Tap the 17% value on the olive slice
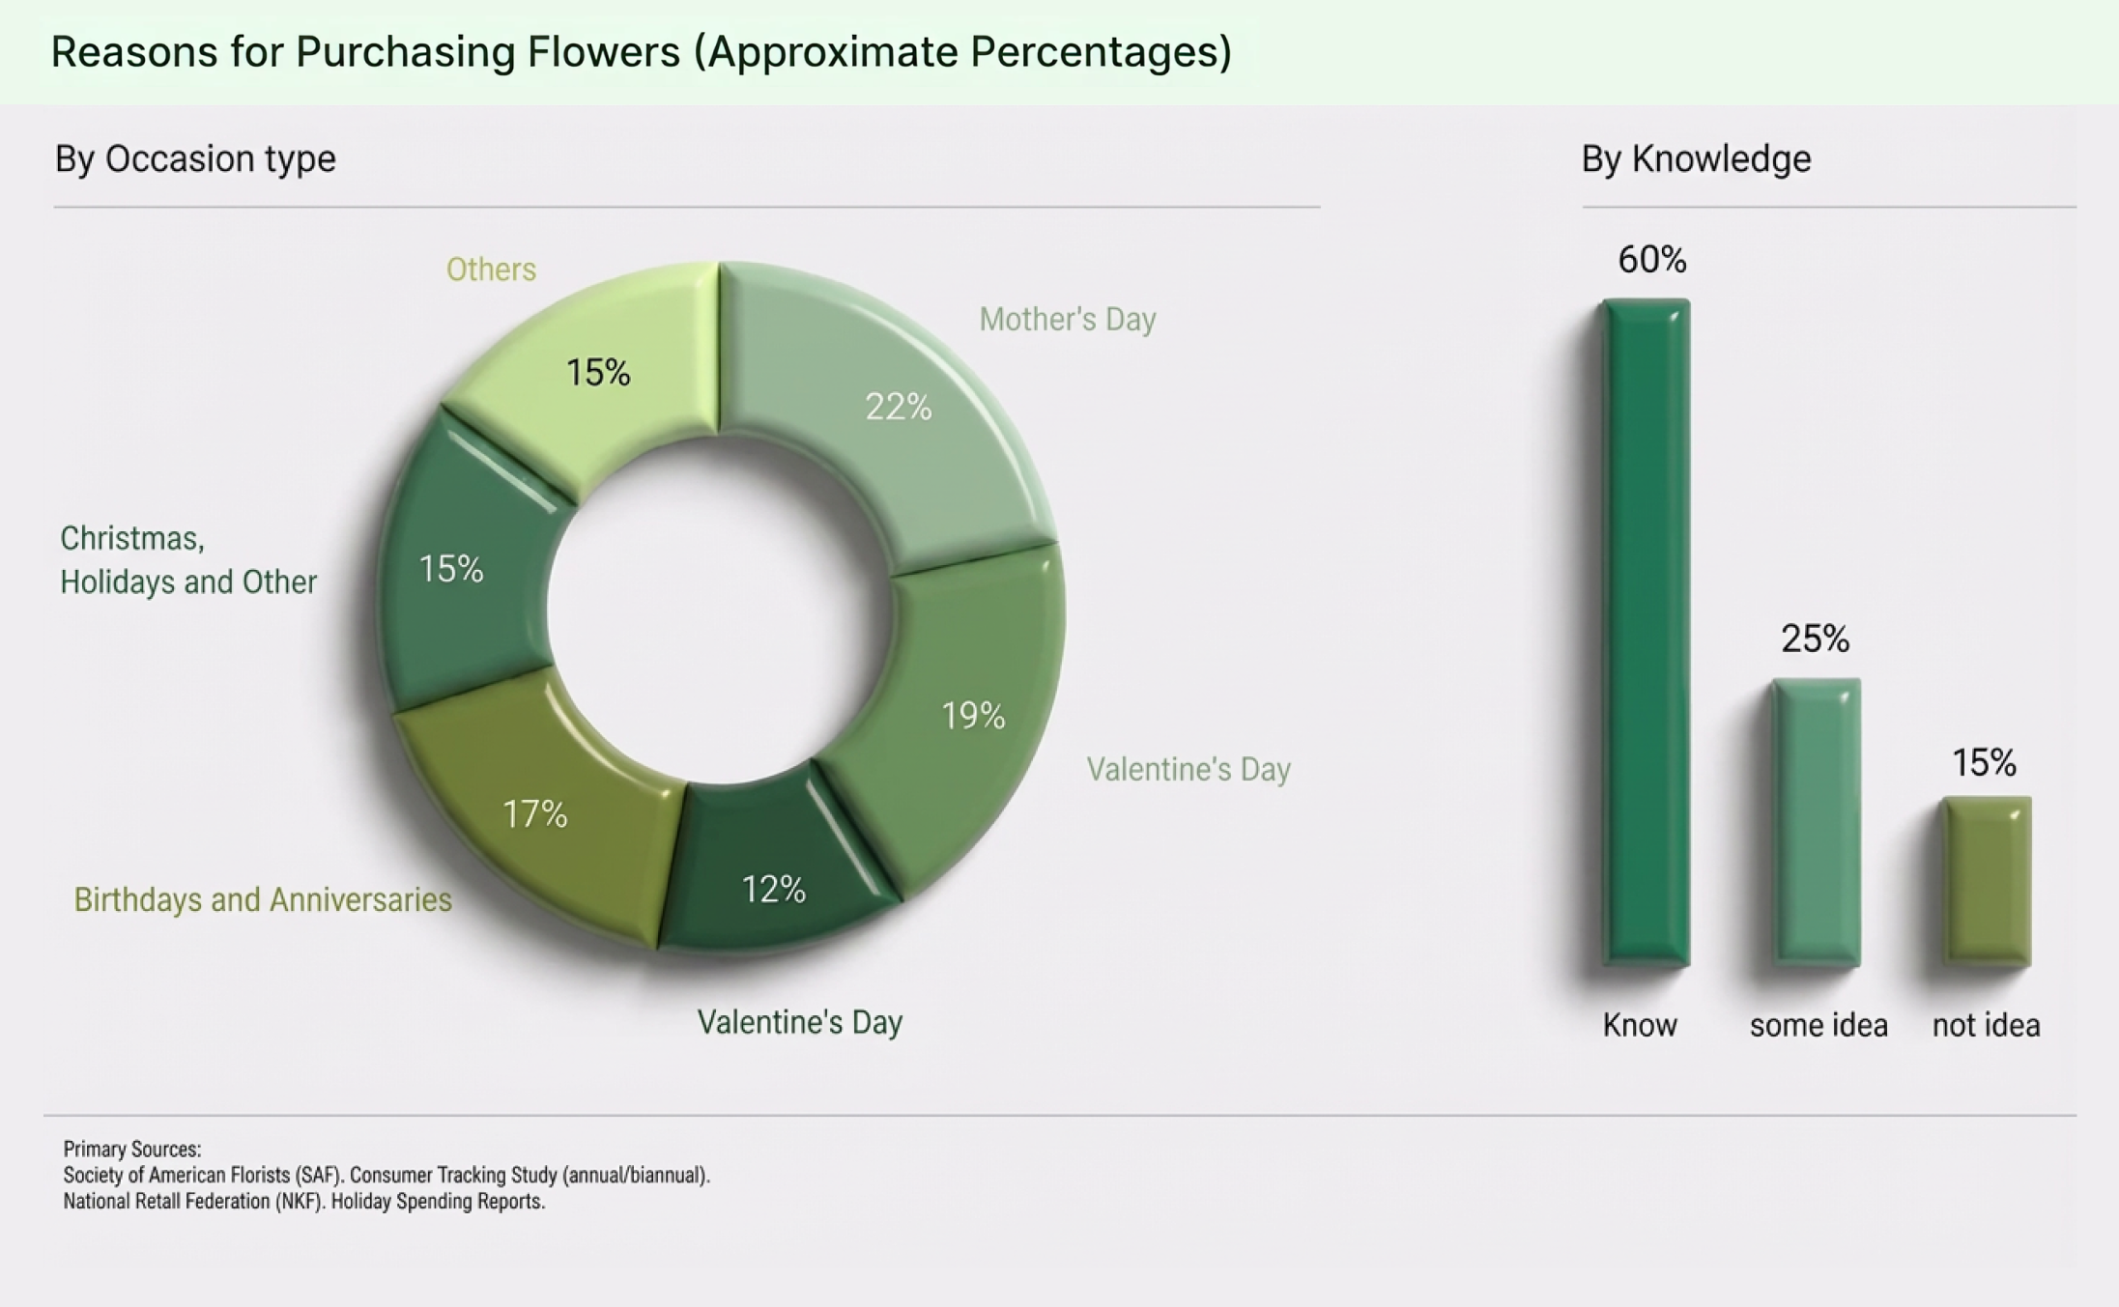click(x=534, y=814)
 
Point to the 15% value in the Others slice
click(x=598, y=373)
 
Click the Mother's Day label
click(x=1067, y=319)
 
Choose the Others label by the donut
click(x=491, y=270)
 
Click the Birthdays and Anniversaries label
click(x=263, y=899)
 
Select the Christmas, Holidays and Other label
click(x=188, y=560)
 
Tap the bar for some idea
click(x=1817, y=821)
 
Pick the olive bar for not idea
click(x=1987, y=881)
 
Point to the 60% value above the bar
click(x=1652, y=260)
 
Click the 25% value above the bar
click(x=1815, y=639)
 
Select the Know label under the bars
click(x=1640, y=1025)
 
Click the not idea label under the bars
click(x=1986, y=1025)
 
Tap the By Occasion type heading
click(x=195, y=158)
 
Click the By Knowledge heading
click(x=1696, y=158)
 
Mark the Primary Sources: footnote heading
click(x=132, y=1149)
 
